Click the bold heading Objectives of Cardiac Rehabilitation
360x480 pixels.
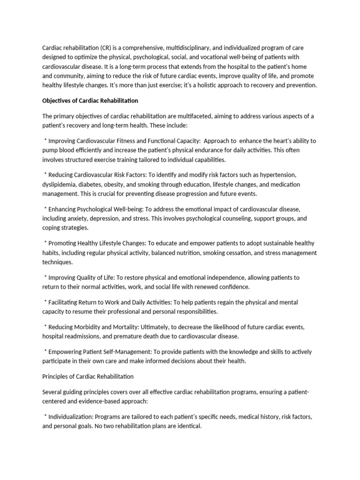click(x=90, y=101)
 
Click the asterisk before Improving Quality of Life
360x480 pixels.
click(x=45, y=277)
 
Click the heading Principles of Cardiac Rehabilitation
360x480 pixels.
click(x=88, y=376)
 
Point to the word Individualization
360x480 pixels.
click(x=72, y=416)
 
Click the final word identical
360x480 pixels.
click(x=188, y=426)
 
